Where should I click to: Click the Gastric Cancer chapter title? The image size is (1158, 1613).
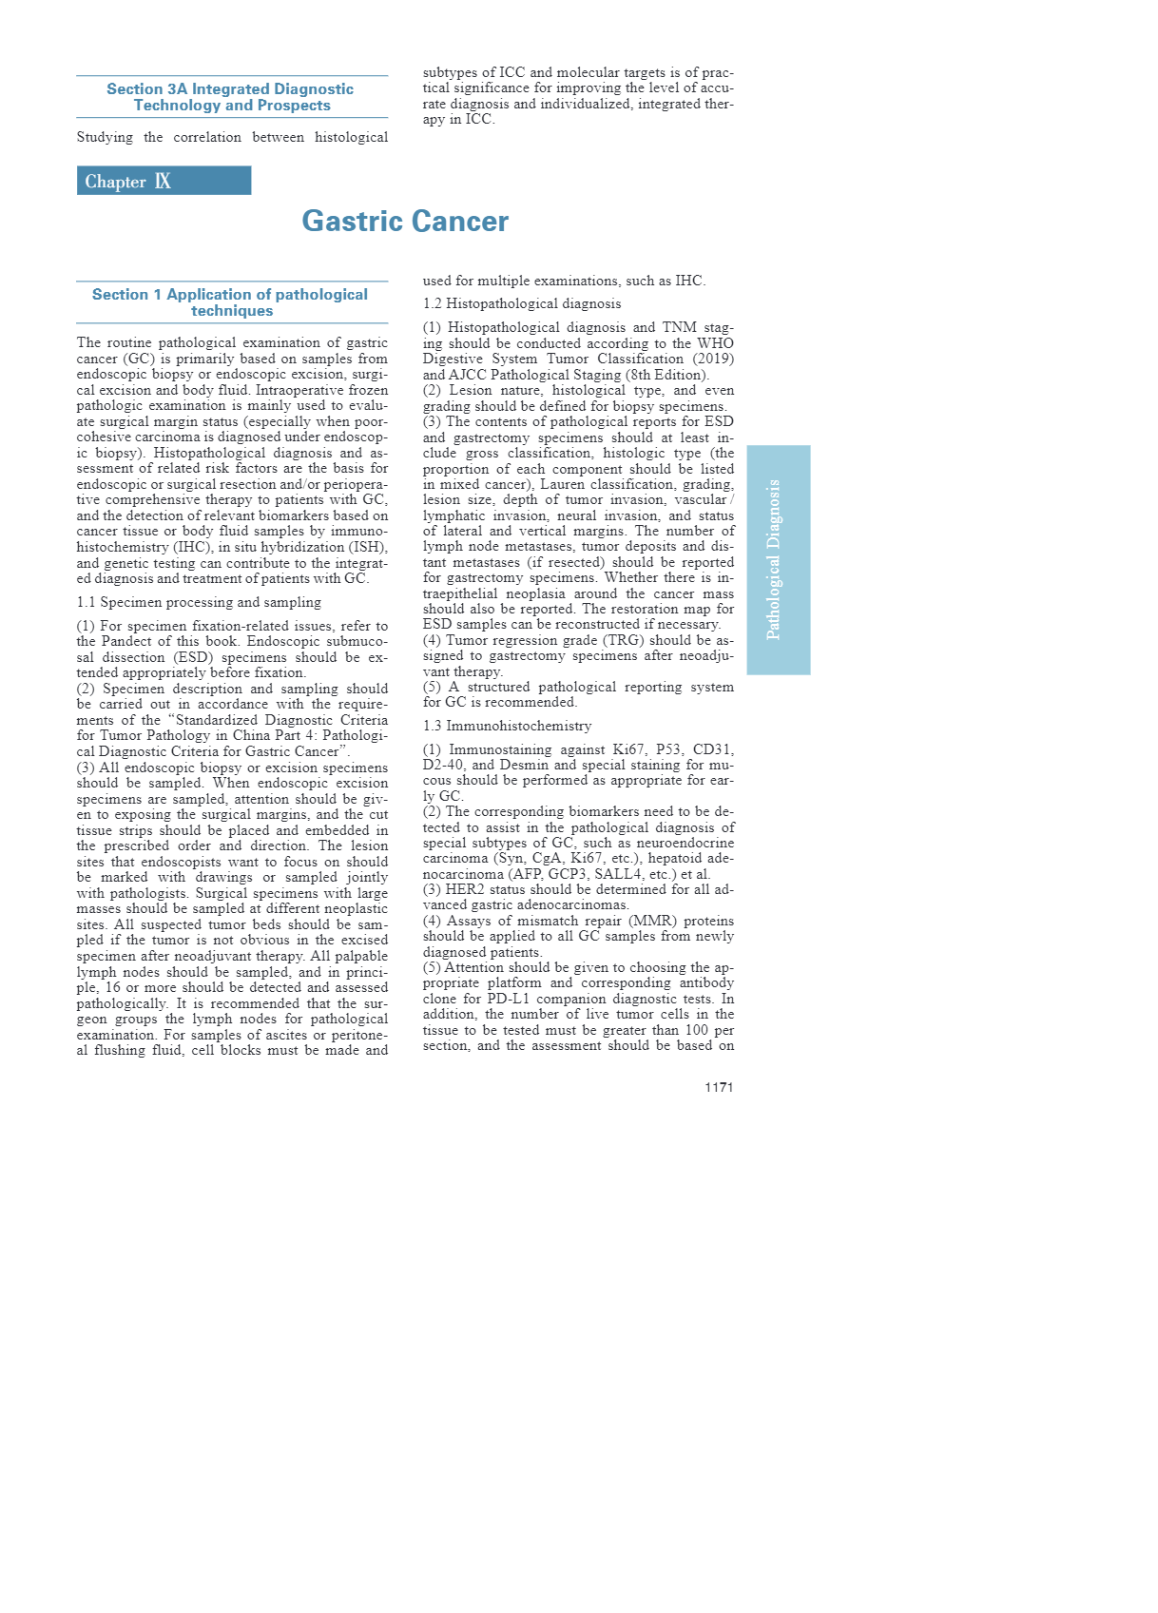pyautogui.click(x=405, y=222)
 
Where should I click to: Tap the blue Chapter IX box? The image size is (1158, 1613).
pyautogui.click(x=164, y=181)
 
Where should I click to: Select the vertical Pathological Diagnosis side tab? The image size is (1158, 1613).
pyautogui.click(x=778, y=559)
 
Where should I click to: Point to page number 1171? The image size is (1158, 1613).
pyautogui.click(x=719, y=1087)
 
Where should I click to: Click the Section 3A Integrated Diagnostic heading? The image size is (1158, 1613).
pyautogui.click(x=231, y=97)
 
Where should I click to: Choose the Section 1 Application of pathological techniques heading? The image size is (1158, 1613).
pyautogui.click(x=231, y=302)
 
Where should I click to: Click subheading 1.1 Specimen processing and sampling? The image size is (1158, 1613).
pyautogui.click(x=199, y=602)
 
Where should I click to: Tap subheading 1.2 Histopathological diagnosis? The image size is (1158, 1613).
pyautogui.click(x=522, y=303)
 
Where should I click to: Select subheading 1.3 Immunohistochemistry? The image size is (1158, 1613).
pyautogui.click(x=507, y=726)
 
